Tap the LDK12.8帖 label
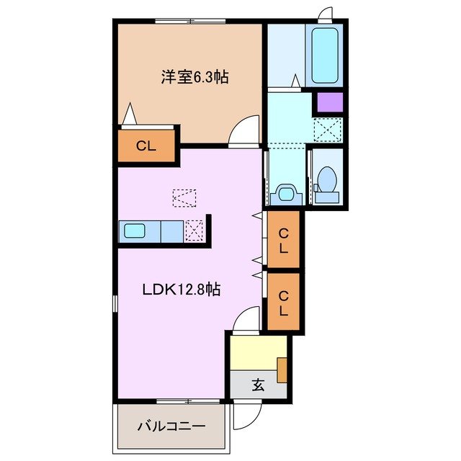tap(181, 290)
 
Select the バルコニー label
tap(171, 426)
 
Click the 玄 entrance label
tap(257, 385)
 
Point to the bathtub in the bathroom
tap(326, 55)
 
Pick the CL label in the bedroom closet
tap(146, 146)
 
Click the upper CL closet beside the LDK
tap(284, 241)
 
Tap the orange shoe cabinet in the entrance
tap(282, 369)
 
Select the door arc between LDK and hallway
tap(248, 319)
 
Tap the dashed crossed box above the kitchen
tap(185, 197)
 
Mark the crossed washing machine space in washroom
tap(328, 130)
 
